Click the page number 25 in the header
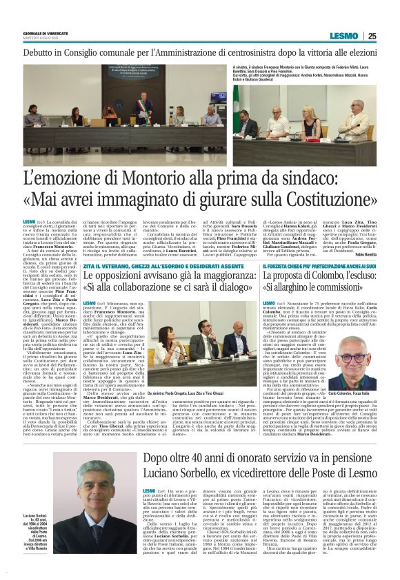pyautogui.click(x=390, y=37)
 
